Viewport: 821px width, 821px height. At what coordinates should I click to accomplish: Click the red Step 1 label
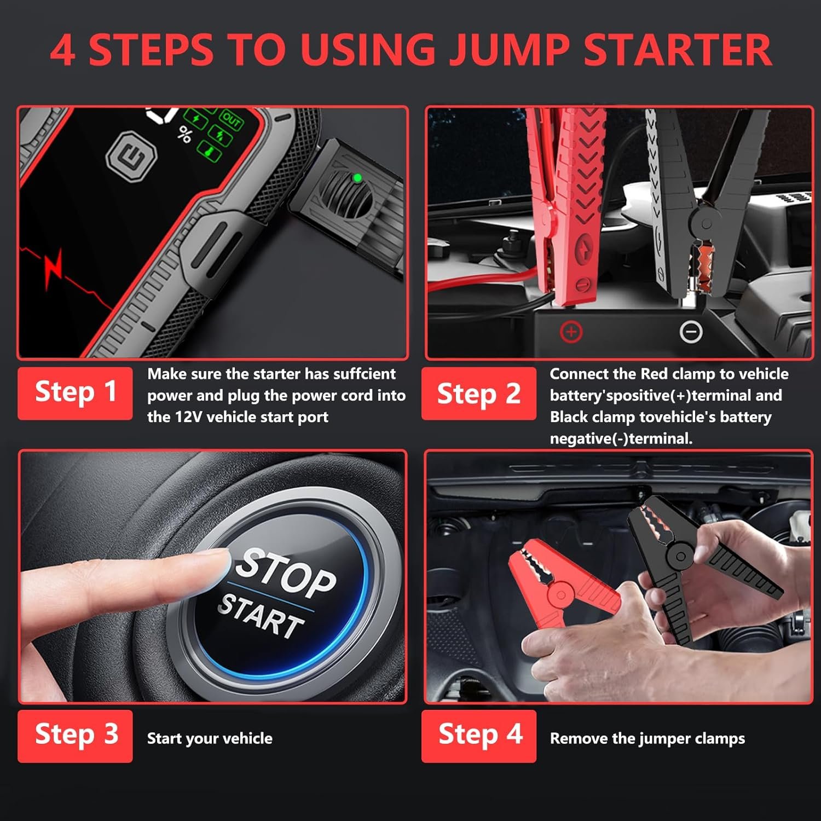pos(75,393)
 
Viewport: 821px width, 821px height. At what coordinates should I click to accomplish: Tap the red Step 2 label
pos(478,393)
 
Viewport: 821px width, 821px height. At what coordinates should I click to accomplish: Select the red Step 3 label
pos(75,736)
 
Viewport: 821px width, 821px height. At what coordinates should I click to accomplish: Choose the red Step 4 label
pos(478,736)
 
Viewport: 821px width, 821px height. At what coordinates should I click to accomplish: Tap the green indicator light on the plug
pos(357,178)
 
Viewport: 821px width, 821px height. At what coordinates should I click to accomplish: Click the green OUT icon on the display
pos(231,119)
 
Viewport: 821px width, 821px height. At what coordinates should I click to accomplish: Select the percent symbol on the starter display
pos(185,135)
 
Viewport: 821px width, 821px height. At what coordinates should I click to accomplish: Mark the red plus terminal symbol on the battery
pos(571,332)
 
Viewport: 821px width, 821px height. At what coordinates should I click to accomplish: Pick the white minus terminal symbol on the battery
pos(691,331)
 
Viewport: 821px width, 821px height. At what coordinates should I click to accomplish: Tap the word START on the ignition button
pos(261,616)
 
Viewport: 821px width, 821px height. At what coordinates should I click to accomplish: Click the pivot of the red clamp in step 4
pos(559,594)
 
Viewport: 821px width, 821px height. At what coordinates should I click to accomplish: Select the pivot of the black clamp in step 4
pos(680,557)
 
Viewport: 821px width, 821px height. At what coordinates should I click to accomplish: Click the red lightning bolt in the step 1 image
pos(54,268)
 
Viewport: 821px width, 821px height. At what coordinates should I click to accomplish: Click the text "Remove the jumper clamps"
pos(647,738)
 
